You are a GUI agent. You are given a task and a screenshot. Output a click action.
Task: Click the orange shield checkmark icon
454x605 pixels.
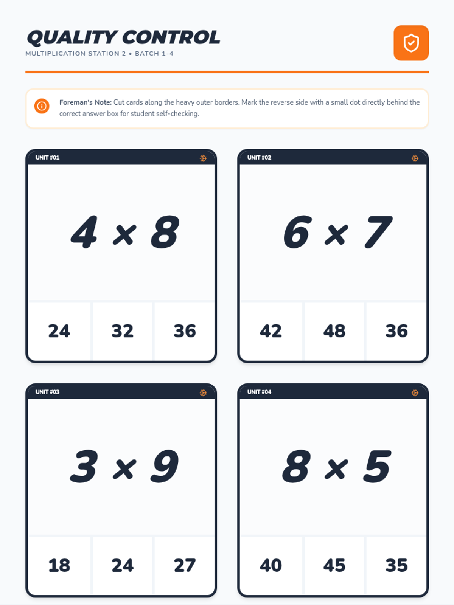(x=411, y=43)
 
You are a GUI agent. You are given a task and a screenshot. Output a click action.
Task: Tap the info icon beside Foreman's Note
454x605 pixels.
(x=42, y=106)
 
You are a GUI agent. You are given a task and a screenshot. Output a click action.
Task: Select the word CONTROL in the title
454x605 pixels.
(x=171, y=37)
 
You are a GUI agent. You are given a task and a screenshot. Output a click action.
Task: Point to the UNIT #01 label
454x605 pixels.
(x=47, y=157)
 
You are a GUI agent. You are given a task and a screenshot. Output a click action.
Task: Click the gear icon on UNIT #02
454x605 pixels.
(x=415, y=158)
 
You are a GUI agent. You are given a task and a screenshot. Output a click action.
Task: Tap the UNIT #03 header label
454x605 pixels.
(x=47, y=392)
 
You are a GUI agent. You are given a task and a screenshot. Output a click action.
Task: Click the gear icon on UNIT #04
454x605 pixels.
(x=415, y=392)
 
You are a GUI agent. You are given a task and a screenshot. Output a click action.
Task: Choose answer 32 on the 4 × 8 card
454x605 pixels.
(x=122, y=331)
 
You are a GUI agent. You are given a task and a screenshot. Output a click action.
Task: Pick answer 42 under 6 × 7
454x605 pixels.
(x=271, y=331)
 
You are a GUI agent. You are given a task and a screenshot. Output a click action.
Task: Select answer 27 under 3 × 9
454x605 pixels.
(x=185, y=565)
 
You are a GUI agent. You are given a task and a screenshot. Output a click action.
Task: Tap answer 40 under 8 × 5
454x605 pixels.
(x=271, y=565)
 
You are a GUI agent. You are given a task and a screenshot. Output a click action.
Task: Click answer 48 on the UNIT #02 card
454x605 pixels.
(x=334, y=331)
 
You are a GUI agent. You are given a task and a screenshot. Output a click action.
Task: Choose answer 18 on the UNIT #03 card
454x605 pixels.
(x=59, y=565)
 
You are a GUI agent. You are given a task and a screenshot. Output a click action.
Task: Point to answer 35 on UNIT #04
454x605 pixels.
(x=396, y=565)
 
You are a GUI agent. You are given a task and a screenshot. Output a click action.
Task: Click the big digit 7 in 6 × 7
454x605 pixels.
(x=378, y=232)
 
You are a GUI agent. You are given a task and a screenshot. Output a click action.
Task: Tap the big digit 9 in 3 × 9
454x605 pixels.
(x=165, y=466)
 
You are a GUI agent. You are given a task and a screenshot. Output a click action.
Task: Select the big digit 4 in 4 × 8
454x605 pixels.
(x=84, y=232)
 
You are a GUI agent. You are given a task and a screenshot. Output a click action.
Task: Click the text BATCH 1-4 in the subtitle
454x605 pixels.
(x=154, y=53)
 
